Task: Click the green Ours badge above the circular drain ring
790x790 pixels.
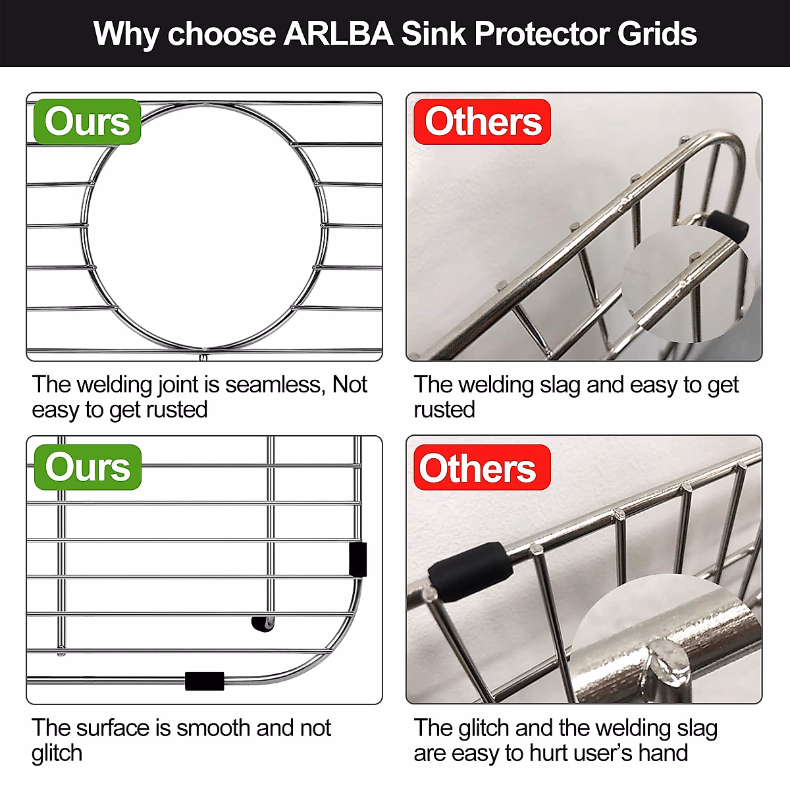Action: pos(87,122)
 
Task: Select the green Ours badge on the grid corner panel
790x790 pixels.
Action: pos(88,467)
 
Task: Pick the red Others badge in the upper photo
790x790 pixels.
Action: pos(483,122)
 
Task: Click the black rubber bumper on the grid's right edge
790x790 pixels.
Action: pos(357,559)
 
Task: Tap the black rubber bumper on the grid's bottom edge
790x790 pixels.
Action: pos(205,681)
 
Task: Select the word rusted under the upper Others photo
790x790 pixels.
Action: pos(444,409)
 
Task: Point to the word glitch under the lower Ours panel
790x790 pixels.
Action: pos(57,753)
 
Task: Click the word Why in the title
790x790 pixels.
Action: pos(126,34)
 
